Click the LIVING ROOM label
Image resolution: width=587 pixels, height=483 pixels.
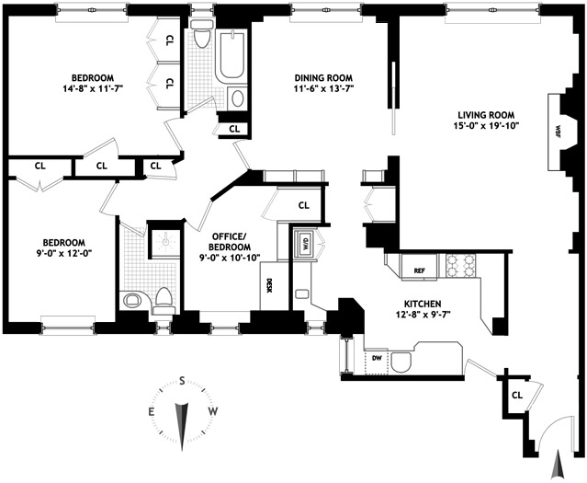[489, 114]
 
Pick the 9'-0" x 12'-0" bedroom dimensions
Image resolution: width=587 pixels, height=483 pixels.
[56, 255]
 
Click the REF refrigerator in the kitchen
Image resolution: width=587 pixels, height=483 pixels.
[419, 270]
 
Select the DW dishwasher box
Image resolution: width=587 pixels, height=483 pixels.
[377, 359]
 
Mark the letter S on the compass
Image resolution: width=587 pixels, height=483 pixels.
[183, 381]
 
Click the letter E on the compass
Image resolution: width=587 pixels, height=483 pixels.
[152, 411]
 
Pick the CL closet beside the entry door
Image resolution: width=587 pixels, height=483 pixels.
[516, 395]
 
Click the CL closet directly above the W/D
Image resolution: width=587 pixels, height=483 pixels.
[302, 205]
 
